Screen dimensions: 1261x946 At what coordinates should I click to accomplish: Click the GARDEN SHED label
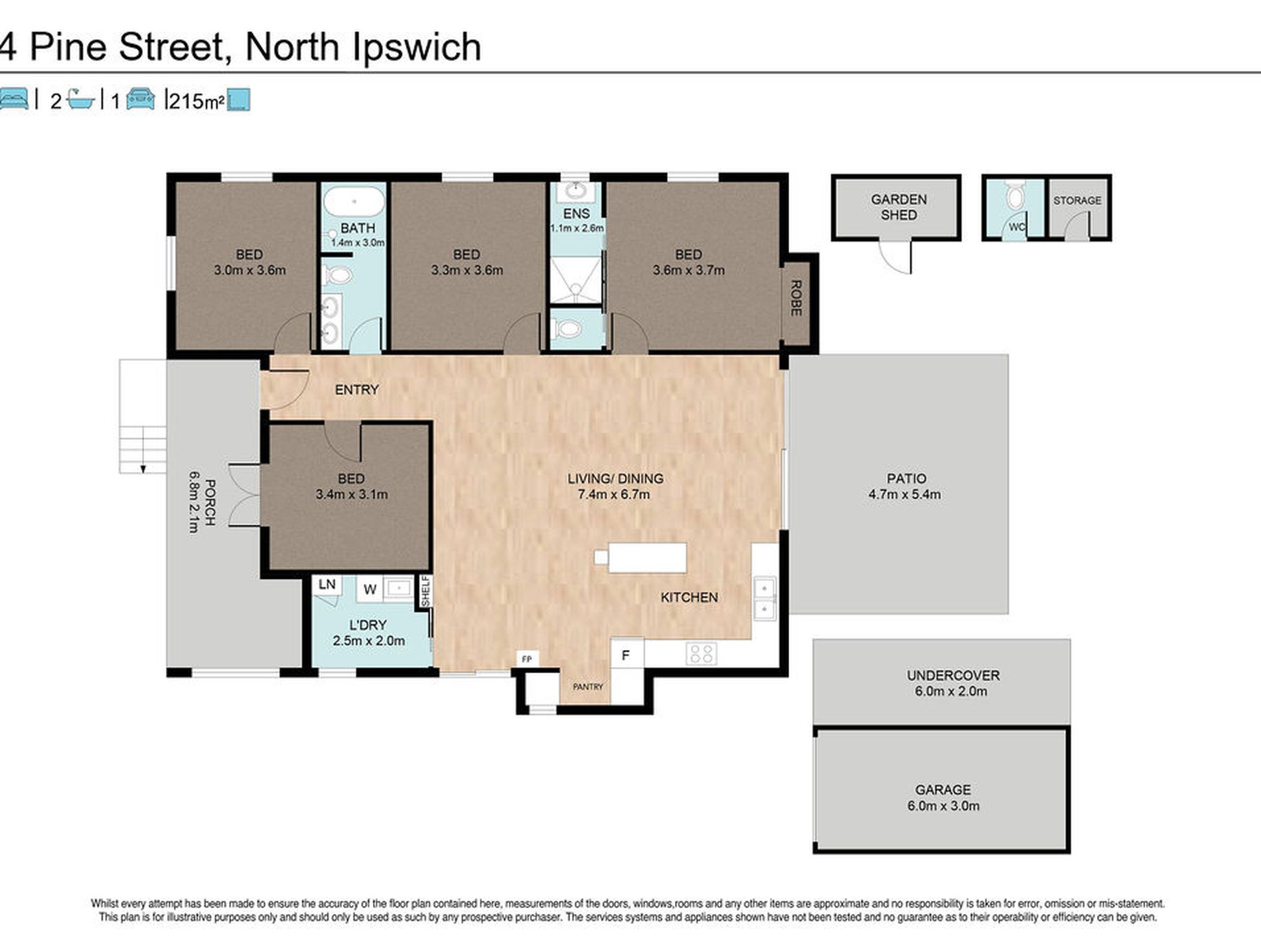899,207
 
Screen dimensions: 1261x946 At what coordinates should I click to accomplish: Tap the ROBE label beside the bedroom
796,298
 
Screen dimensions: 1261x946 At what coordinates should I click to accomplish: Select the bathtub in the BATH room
354,201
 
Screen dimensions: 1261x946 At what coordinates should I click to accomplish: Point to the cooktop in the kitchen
702,653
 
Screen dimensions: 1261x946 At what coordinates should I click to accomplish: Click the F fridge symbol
625,655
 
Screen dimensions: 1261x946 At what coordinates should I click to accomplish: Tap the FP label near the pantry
527,659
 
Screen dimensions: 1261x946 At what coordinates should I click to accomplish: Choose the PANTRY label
588,686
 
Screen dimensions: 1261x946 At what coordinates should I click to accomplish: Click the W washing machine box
370,589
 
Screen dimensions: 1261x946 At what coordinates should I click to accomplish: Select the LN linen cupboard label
327,584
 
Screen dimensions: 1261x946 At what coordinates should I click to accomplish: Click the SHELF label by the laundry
425,591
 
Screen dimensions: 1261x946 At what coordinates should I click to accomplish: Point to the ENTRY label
356,390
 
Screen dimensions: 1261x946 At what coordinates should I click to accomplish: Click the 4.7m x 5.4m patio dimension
905,495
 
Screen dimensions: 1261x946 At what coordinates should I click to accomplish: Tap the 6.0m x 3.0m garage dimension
943,806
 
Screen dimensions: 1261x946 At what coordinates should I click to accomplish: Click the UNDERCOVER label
953,675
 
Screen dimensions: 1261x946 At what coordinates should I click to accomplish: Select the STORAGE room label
1077,200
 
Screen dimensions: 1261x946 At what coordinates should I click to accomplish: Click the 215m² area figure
196,102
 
